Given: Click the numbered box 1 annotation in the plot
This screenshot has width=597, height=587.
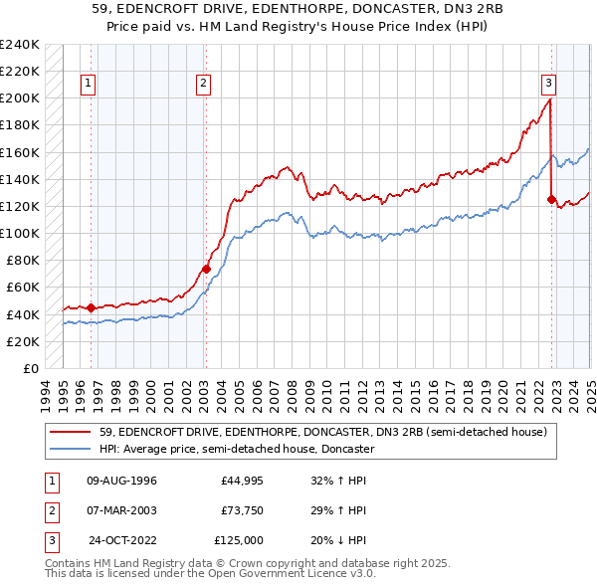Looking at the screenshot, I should click(90, 85).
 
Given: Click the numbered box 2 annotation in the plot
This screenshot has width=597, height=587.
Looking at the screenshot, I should click(203, 85).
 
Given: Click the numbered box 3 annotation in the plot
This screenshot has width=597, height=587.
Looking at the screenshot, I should click(549, 85).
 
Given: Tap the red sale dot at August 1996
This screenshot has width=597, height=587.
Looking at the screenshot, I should click(91, 307).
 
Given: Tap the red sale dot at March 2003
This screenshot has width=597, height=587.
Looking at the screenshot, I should click(206, 269).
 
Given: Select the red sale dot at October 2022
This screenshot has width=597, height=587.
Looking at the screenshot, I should click(551, 199).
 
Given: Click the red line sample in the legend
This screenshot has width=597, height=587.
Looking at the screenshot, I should click(71, 433).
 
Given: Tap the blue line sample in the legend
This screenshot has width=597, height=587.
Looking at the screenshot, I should click(71, 450).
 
